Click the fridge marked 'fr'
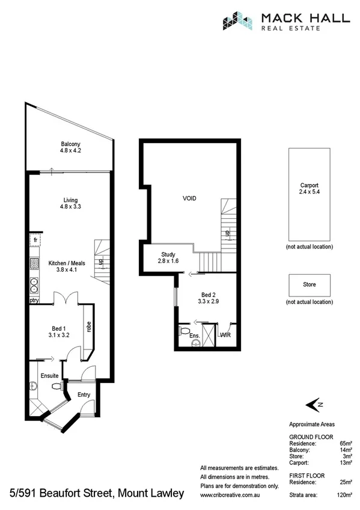pyautogui.click(x=34, y=239)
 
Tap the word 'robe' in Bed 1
pyautogui.click(x=88, y=328)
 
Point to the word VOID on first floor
pyautogui.click(x=190, y=198)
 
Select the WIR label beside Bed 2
pyautogui.click(x=226, y=334)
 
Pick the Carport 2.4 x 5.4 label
pyautogui.click(x=309, y=189)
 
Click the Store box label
pyautogui.click(x=309, y=284)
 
